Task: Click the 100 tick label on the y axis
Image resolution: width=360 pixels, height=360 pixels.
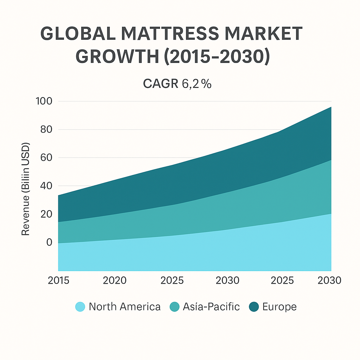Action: [44, 101]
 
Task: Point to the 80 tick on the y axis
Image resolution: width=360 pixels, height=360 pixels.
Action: [46, 129]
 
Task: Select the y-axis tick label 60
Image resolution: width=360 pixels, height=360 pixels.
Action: [46, 157]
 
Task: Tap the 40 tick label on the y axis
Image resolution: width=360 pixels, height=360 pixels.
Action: [46, 186]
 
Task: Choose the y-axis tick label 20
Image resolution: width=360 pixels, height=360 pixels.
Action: [46, 214]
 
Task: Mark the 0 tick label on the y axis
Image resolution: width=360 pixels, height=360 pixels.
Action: [49, 242]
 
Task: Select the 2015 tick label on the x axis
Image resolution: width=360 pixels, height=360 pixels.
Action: [58, 281]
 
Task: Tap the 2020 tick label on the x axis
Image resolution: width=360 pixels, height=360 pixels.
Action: [115, 281]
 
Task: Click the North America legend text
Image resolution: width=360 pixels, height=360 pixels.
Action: [124, 307]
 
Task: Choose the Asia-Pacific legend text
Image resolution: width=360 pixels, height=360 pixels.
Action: [211, 307]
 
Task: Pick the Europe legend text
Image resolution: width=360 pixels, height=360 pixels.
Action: [279, 307]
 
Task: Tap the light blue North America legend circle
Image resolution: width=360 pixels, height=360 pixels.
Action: [80, 307]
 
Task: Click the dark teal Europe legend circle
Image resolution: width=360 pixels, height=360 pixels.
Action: [253, 307]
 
